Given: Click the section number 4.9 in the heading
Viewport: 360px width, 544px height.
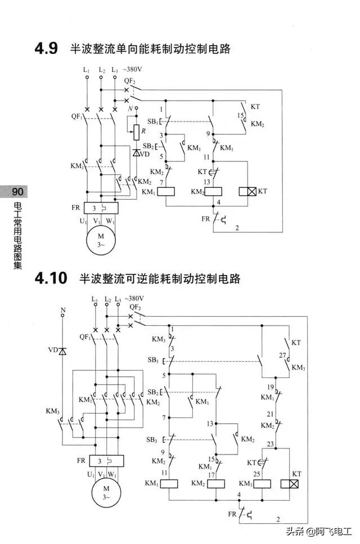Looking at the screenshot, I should [x=46, y=49].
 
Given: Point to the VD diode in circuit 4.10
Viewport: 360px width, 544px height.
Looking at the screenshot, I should [x=62, y=351].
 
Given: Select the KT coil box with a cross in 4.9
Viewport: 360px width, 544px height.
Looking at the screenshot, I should [x=247, y=191].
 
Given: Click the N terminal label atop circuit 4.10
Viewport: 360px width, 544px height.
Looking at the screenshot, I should [x=62, y=309].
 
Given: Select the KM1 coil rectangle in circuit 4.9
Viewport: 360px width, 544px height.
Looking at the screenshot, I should [x=166, y=191].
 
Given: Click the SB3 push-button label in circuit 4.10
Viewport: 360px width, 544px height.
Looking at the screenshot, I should [x=152, y=439].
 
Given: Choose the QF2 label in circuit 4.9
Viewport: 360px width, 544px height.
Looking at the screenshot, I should [x=129, y=80].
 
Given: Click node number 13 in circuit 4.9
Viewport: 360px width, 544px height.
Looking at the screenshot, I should [x=208, y=182].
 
